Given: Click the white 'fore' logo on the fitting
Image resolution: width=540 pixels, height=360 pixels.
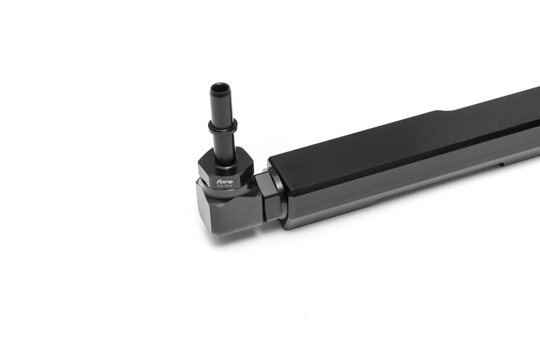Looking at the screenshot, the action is coord(225,181).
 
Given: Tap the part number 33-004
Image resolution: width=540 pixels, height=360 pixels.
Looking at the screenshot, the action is coord(225,186).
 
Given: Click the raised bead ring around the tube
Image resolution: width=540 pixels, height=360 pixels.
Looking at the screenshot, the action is coord(223,126).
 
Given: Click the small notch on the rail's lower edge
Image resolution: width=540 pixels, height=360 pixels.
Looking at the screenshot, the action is coord(502,165).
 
